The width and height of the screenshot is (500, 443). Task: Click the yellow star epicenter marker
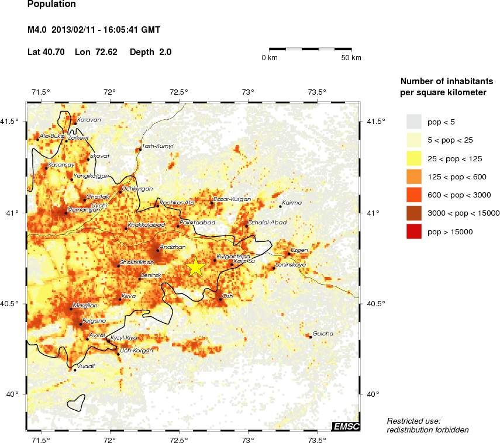(196, 267)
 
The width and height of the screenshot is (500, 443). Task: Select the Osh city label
(228, 296)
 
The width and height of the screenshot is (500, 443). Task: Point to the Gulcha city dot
(311, 337)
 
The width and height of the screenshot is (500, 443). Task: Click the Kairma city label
(292, 202)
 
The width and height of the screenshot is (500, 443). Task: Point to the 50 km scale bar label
(351, 58)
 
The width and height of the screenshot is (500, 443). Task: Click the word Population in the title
(52, 5)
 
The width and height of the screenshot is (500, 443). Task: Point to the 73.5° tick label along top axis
(317, 92)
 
